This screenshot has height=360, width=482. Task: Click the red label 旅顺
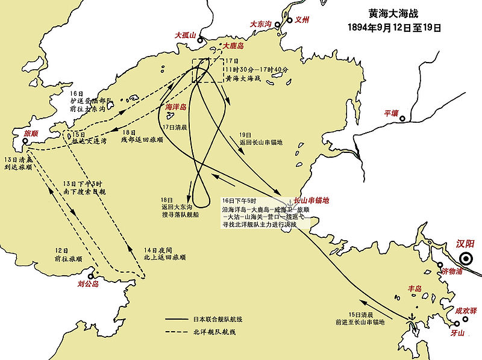coord(31,133)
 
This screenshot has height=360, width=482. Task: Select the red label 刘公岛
coord(88,284)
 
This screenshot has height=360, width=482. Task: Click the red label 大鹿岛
coord(233,45)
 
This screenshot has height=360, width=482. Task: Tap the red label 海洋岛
coord(176,107)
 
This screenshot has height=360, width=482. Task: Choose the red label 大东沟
coord(261,24)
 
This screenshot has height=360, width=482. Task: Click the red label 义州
coord(301,20)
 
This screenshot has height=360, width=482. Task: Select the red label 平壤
coord(392,113)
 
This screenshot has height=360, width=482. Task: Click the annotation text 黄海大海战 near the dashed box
coord(245,78)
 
